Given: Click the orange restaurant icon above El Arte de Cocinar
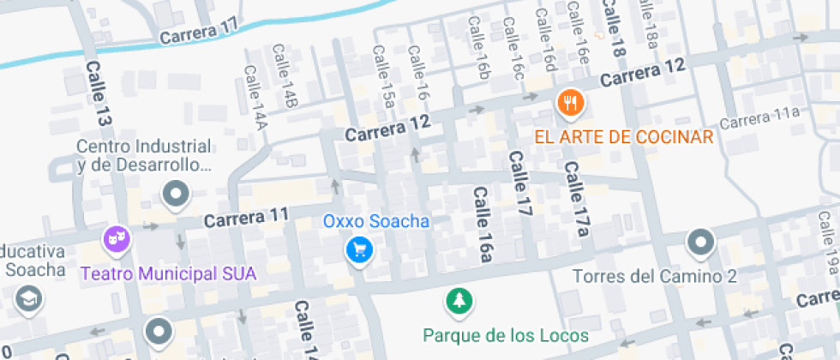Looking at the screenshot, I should tap(570, 104).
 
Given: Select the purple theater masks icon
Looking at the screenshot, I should tap(117, 239).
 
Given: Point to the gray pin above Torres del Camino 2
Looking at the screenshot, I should tap(701, 243).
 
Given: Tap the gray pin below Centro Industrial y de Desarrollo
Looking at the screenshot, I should tap(177, 195).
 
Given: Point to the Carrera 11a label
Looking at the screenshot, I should tap(759, 117).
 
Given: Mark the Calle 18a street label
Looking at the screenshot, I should tap(649, 23).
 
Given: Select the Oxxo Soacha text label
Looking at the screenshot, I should tap(375, 221).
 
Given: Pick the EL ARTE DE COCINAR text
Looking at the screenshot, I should tap(624, 137).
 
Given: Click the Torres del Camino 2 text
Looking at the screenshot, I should tap(655, 276).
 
